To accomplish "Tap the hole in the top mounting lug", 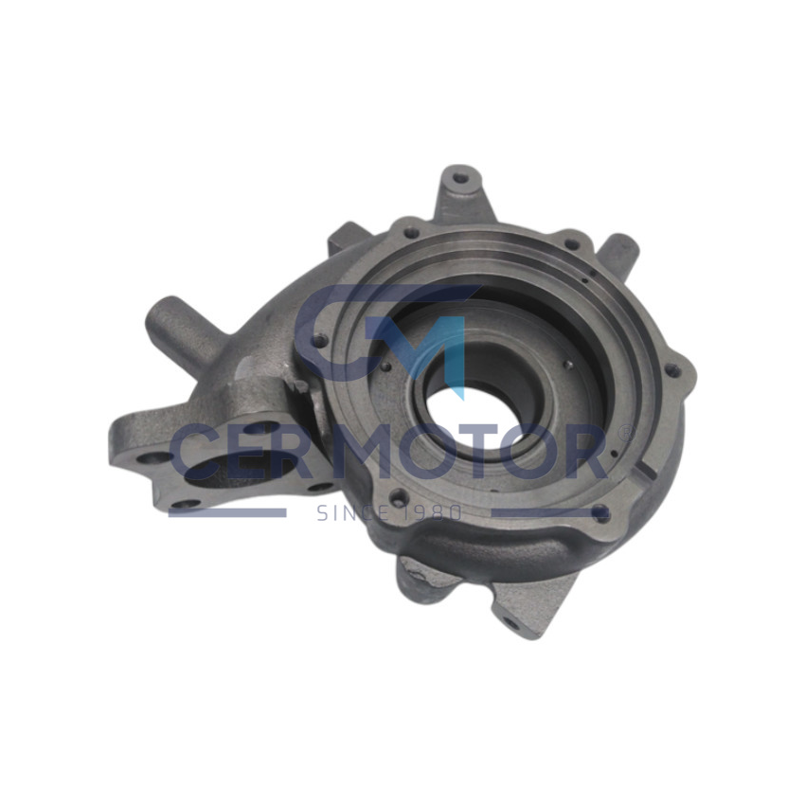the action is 460,178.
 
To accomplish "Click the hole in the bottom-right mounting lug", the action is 510,624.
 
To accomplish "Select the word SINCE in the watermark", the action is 351,512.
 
